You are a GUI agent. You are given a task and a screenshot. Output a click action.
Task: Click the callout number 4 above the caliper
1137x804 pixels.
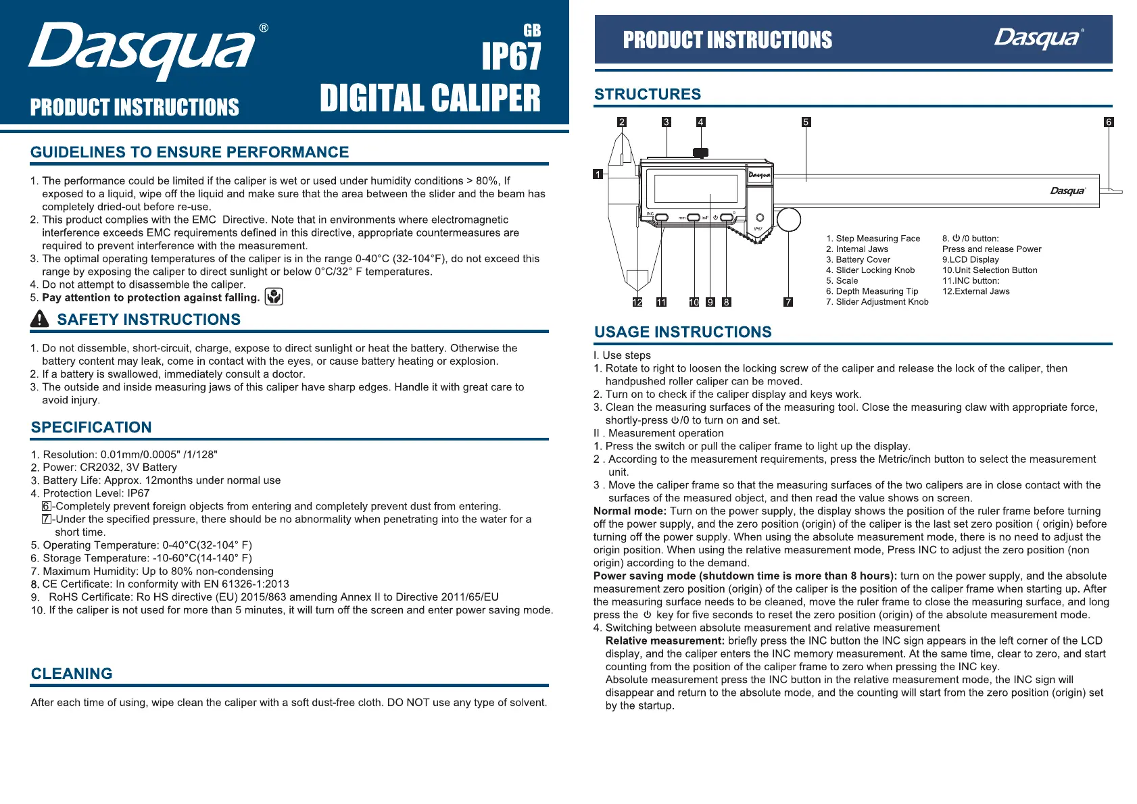[701, 122]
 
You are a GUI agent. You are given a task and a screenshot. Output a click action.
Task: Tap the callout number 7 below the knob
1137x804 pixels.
[788, 302]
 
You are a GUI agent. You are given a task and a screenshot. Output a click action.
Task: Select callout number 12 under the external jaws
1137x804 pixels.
[637, 302]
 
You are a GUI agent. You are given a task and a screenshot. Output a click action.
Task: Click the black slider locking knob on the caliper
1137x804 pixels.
[701, 153]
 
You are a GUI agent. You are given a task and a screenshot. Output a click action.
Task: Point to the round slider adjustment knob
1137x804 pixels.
[789, 220]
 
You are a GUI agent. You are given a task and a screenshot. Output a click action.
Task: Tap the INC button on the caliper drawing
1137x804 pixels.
[662, 218]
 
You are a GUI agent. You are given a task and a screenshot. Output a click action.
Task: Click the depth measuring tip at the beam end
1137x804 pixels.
[1111, 192]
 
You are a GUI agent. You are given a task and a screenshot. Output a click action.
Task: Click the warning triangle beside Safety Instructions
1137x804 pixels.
[40, 319]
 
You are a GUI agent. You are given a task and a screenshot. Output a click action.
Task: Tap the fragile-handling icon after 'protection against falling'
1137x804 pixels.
[274, 297]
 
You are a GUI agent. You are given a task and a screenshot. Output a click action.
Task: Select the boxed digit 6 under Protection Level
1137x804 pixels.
[47, 506]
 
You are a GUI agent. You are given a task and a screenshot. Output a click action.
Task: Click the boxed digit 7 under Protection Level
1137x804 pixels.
[47, 519]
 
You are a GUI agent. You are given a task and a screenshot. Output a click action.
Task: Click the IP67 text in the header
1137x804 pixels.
[511, 57]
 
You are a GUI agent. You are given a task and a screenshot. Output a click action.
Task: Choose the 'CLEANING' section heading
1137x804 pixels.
[72, 674]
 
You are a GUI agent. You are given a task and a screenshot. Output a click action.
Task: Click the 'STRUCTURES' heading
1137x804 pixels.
[648, 95]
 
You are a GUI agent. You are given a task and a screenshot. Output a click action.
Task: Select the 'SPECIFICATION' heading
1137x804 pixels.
[91, 427]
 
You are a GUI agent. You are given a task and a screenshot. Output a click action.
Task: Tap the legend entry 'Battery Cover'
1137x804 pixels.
[863, 259]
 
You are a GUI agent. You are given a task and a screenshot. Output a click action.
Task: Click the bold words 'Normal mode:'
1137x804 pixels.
[630, 511]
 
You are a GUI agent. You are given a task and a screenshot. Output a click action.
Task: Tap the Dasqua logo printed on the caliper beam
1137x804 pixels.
[1067, 191]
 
